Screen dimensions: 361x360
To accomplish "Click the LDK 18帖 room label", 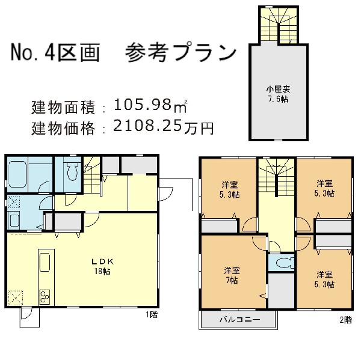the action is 102,267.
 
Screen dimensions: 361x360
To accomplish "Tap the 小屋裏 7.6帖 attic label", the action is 278,94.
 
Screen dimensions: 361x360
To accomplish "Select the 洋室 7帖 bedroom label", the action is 232,276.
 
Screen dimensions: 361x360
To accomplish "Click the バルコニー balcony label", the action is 240,320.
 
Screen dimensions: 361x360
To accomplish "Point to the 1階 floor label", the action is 152,314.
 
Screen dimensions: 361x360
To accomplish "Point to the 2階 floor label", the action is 346,320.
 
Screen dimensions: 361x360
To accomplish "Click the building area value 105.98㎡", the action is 150,105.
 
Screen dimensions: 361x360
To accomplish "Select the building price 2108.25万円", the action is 164,127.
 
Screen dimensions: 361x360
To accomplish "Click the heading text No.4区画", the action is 55,52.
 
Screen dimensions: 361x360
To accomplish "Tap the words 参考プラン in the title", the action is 181,52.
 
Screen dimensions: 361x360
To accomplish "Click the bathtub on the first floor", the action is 17,174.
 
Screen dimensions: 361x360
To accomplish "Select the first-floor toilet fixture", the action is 72,171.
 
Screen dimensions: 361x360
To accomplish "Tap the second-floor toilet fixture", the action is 285,263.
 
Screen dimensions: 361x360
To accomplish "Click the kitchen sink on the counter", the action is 45,263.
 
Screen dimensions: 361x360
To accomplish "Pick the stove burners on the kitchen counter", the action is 45,297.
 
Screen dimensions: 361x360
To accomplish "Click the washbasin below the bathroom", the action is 14,220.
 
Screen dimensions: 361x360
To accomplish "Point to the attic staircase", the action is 279,25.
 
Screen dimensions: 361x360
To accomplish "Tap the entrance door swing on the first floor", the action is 166,194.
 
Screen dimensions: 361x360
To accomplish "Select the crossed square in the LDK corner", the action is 16,298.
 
